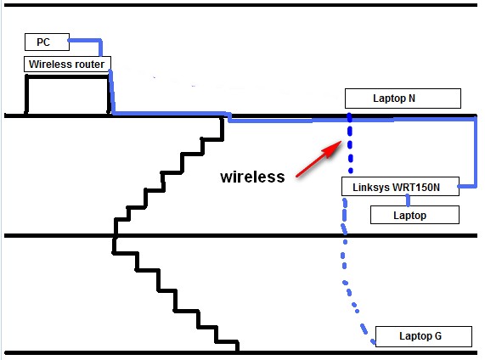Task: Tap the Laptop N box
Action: [403, 98]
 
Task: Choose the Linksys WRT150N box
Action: [399, 186]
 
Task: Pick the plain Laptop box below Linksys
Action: [415, 216]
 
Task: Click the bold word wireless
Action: [252, 177]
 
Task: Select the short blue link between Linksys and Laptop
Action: [410, 200]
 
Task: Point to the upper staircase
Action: [170, 178]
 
